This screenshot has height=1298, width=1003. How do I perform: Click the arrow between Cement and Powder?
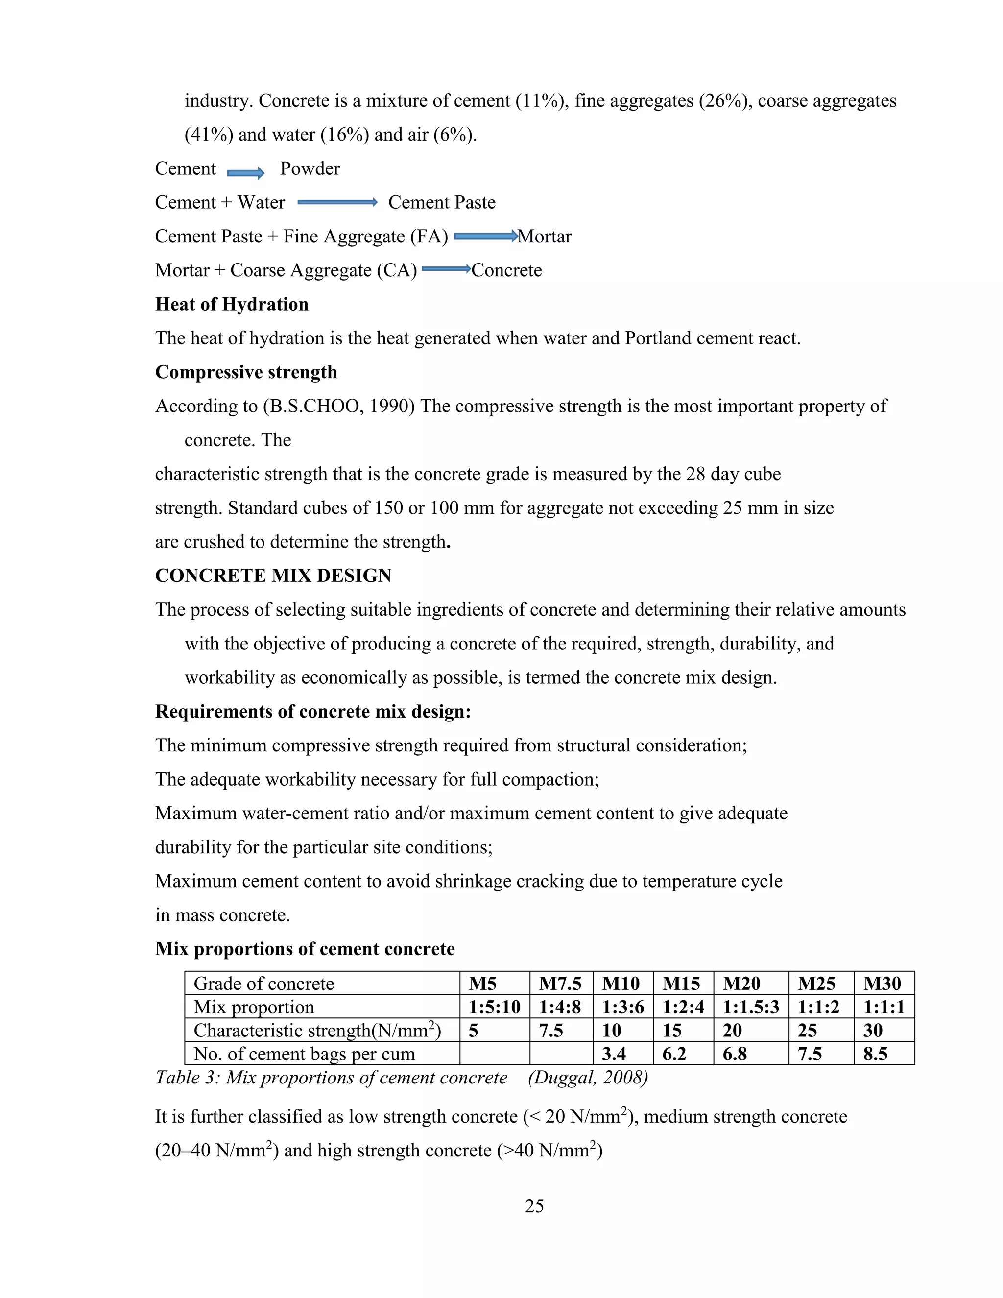245,173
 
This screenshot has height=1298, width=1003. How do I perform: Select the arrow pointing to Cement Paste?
337,203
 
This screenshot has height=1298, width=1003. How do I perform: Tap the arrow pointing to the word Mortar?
485,237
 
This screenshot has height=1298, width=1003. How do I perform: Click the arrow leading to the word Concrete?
446,270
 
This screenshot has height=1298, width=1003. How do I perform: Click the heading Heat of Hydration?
232,304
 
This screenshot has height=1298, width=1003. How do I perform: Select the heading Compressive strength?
246,372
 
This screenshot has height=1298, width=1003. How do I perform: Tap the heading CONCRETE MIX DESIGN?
273,576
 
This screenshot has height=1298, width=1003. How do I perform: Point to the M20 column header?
741,984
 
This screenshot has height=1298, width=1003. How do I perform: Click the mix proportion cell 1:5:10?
494,1007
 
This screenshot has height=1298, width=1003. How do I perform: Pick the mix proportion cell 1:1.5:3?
750,1007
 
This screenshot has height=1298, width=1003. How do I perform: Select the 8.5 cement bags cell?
875,1054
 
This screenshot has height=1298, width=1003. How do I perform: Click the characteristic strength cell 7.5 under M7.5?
551,1031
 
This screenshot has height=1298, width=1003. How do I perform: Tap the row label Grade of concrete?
264,984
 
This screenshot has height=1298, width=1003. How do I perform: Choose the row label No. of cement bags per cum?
304,1054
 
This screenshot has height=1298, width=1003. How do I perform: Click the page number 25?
534,1206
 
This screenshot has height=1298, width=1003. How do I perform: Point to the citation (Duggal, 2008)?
588,1078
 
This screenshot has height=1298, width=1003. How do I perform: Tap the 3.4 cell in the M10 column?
614,1054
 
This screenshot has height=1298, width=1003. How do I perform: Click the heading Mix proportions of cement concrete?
305,949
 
